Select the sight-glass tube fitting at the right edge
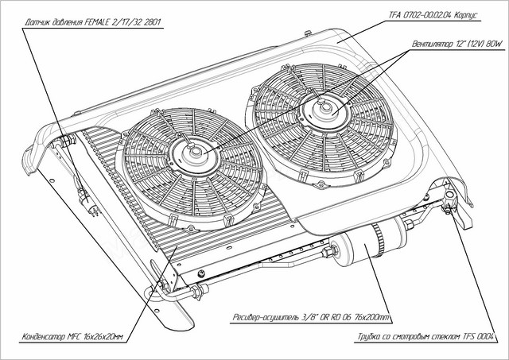coord(449,208)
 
